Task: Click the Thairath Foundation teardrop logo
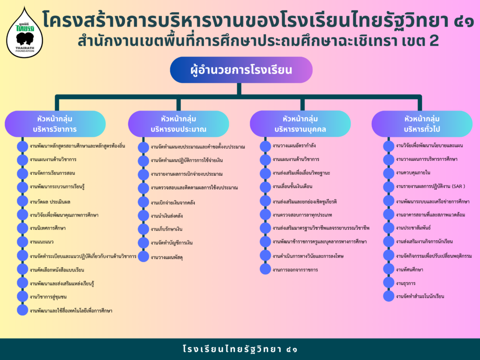[24, 34]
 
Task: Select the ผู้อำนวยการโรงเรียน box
[241, 70]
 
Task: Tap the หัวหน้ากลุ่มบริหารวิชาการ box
[55, 124]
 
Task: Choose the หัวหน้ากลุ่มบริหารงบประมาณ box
[179, 124]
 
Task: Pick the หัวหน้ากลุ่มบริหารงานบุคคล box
[300, 124]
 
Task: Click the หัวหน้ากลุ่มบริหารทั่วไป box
[422, 124]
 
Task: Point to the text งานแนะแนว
[42, 242]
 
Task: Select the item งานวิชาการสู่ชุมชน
[48, 297]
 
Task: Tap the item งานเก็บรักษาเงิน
[166, 229]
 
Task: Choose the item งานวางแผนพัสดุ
[166, 257]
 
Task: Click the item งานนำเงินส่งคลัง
[166, 216]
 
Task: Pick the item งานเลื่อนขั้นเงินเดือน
[292, 187]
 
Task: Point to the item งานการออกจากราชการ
[295, 270]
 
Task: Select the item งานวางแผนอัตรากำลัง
[294, 146]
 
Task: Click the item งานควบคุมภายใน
[413, 172]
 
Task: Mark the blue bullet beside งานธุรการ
[389, 283]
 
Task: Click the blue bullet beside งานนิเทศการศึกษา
[22, 228]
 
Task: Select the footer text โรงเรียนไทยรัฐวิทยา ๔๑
[240, 349]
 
